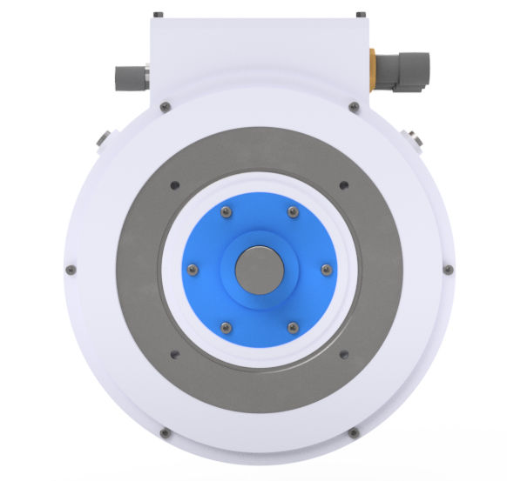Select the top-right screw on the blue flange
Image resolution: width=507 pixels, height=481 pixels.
291,211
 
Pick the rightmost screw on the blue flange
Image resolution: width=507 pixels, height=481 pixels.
326,269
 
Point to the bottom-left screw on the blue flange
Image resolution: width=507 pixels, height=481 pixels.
226,326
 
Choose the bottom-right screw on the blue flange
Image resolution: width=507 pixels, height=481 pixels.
291,326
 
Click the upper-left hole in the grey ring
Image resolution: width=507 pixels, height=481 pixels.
175,184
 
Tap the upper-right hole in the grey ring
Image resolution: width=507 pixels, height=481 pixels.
343,184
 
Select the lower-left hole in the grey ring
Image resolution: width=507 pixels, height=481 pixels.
174,353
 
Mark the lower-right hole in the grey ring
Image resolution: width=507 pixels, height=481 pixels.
343,353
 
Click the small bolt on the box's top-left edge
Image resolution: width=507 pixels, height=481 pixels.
157,15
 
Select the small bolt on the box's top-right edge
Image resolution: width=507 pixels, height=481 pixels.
359,15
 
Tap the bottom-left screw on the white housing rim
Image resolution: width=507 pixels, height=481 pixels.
164,432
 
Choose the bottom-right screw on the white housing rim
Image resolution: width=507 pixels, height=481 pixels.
353,432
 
